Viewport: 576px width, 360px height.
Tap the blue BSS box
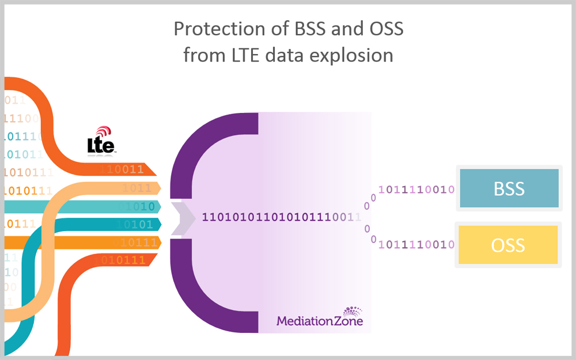tap(509, 188)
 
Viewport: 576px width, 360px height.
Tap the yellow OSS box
tap(509, 245)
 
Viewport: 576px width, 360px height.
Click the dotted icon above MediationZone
tap(353, 310)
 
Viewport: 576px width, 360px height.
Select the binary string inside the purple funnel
tap(281, 217)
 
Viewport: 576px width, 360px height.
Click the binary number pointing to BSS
tap(416, 189)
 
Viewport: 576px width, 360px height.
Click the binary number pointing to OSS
tap(416, 245)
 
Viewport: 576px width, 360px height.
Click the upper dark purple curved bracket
tap(196, 138)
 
